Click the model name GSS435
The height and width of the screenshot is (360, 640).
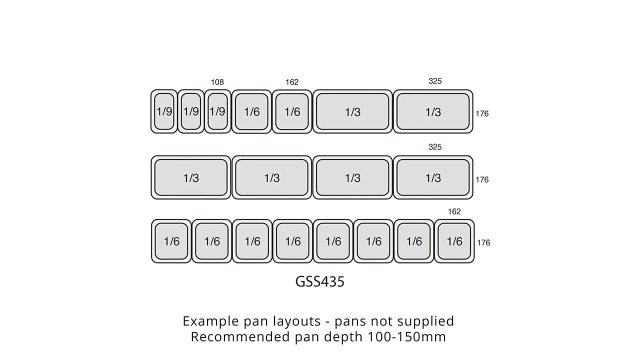319,281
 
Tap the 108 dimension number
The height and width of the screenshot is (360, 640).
217,82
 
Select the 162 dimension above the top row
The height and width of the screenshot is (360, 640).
292,82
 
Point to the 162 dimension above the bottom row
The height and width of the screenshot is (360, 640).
454,211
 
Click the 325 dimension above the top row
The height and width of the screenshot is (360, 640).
435,81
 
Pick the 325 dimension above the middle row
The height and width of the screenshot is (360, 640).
435,147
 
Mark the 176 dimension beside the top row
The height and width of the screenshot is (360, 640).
482,113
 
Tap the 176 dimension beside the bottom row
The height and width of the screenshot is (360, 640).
483,242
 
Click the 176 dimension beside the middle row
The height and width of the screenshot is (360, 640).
482,179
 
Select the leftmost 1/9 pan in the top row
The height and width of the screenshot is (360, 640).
164,111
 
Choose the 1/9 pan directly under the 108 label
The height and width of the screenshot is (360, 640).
217,111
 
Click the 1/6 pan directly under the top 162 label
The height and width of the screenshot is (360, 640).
292,111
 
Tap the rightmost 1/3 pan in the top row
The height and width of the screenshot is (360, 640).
433,111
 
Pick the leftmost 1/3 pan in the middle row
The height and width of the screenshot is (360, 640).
191,177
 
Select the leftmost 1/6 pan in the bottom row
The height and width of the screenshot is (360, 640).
171,241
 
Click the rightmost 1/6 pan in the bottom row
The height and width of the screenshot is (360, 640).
454,241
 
